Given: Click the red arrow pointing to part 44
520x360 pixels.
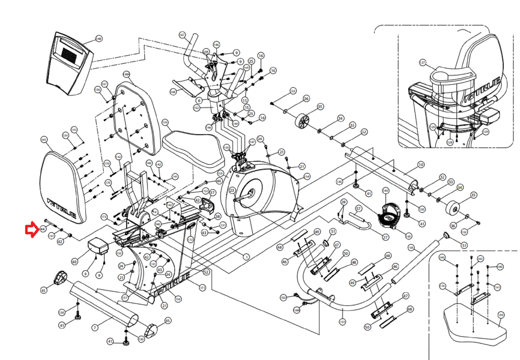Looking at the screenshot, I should [32, 230].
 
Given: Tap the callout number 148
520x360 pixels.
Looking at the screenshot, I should [98, 39].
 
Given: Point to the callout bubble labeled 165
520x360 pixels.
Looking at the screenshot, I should [44, 140].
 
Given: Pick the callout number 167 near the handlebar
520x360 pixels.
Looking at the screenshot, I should [182, 35].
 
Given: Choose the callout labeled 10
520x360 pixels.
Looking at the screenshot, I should [421, 165].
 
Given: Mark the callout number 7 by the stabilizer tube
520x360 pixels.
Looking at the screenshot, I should [95, 327].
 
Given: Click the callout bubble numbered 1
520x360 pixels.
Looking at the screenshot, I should [247, 257].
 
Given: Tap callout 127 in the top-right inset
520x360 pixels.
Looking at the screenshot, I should [422, 62].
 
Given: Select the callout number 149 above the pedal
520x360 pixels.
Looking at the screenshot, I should [385, 191].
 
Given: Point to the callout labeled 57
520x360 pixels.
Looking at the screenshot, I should [358, 208].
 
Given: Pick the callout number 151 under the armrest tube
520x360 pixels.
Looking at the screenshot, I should [342, 322].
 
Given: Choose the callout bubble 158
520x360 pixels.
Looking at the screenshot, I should [411, 248].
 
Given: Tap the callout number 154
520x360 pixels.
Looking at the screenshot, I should [307, 177].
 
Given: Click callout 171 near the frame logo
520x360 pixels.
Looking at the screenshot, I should [202, 288].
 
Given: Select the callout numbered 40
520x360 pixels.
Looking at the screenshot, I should [74, 262].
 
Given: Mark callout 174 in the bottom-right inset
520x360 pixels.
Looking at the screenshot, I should [442, 286].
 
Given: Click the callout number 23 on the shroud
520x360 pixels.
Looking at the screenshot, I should [232, 191].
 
